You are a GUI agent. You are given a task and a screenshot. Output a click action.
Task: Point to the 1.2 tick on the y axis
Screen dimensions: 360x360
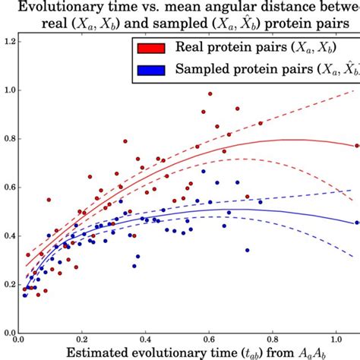(x=8, y=40)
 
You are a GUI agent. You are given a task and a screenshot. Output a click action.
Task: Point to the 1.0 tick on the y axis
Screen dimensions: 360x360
(x=8, y=90)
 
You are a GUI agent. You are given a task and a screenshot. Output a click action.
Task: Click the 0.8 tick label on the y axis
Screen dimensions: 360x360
(x=8, y=139)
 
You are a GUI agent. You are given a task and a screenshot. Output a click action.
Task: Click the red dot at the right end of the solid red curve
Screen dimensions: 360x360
(x=357, y=145)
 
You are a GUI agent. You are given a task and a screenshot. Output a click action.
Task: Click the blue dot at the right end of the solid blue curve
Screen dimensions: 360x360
(x=357, y=223)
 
